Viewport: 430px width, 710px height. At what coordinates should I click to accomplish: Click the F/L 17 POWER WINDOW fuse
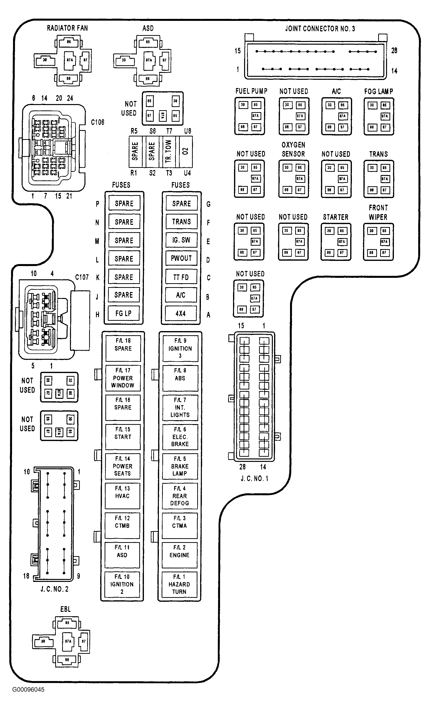click(x=123, y=378)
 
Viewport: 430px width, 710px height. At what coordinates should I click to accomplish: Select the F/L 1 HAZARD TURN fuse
click(x=179, y=584)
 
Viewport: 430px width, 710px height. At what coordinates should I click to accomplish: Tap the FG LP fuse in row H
click(x=124, y=313)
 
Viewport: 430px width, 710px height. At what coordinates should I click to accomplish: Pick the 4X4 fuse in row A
click(x=181, y=313)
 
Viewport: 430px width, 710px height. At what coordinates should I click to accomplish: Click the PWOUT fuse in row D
click(x=181, y=258)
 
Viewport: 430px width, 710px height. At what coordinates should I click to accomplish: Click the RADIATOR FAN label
click(x=67, y=28)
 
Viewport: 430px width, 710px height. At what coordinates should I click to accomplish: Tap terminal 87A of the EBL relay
click(x=68, y=641)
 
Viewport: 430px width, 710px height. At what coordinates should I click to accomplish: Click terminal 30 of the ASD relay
click(x=124, y=60)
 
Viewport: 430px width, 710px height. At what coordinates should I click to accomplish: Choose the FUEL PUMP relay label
click(x=251, y=91)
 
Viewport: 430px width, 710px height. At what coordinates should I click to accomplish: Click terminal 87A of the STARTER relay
click(x=342, y=242)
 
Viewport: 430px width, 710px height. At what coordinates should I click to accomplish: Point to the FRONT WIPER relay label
click(x=378, y=212)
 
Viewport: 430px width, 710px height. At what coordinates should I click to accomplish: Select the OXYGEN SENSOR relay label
click(x=293, y=149)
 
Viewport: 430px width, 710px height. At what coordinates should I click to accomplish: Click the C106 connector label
click(x=97, y=122)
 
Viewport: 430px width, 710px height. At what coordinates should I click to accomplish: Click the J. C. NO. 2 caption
click(x=55, y=589)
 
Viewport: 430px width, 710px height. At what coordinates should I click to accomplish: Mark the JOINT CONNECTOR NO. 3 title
click(x=320, y=28)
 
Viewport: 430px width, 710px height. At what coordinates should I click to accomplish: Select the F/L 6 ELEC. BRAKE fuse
click(x=180, y=437)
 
